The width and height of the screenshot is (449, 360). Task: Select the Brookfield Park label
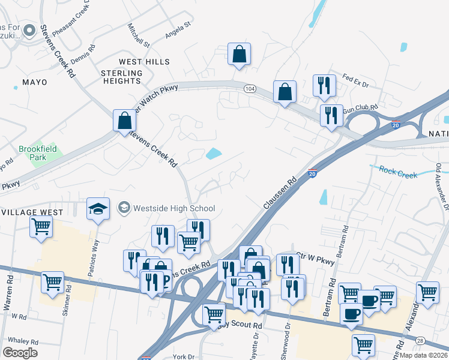tap(37, 152)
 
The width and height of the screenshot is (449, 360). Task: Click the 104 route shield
tap(250, 89)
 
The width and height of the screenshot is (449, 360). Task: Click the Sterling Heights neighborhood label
tap(121, 77)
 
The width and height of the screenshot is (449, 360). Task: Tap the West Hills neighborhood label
tap(144, 62)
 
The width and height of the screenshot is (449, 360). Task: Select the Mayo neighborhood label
tap(34, 82)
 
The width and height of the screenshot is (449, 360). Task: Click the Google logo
tap(19, 352)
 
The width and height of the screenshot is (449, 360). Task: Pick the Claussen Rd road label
tap(280, 193)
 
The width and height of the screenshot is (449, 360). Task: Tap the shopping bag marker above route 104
tap(239, 55)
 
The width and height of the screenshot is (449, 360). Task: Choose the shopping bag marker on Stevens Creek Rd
tap(124, 120)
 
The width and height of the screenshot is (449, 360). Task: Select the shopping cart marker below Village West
tap(41, 227)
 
